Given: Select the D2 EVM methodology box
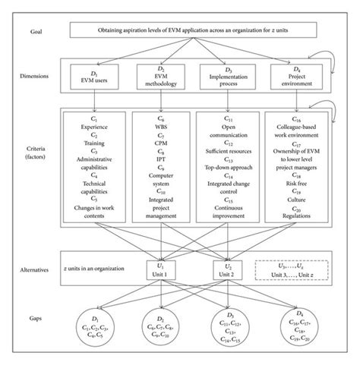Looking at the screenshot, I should tap(159, 78).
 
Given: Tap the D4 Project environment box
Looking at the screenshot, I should tap(296, 78).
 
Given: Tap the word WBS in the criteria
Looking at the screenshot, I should tap(159, 131).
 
